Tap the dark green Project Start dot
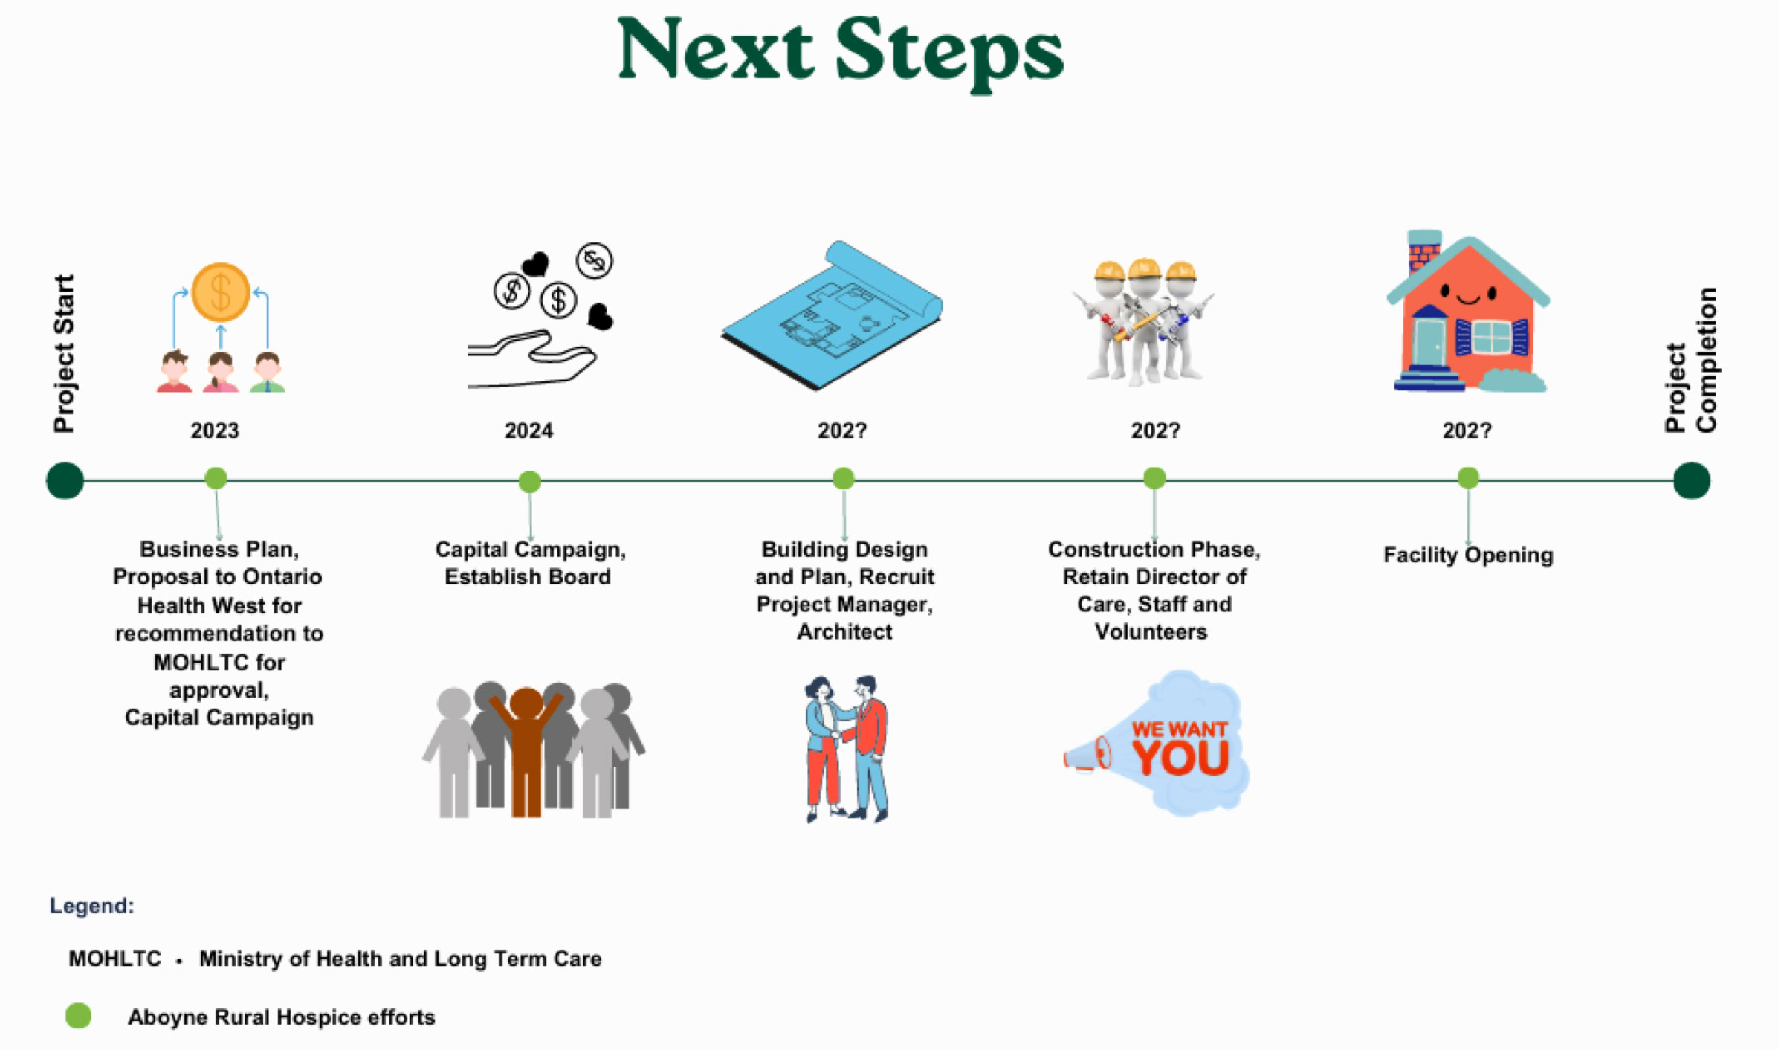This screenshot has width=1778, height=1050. click(x=65, y=480)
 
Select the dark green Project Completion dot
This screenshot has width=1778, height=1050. click(x=1691, y=480)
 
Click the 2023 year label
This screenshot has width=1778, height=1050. click(x=215, y=431)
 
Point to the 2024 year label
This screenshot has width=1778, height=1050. click(x=528, y=431)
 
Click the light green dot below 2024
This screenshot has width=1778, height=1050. click(x=529, y=482)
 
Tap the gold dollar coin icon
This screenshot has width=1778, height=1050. click(x=221, y=292)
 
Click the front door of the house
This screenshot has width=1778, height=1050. click(x=1429, y=342)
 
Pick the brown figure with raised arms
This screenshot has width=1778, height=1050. click(x=526, y=751)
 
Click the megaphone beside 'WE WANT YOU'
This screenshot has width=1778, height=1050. click(x=1087, y=755)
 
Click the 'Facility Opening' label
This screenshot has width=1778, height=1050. click(x=1467, y=555)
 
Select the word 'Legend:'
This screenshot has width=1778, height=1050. click(x=91, y=906)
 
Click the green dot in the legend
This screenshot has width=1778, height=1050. click(x=79, y=1016)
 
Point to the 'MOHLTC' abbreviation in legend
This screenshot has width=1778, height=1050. click(x=114, y=959)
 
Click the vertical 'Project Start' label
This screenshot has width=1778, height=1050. click(x=64, y=353)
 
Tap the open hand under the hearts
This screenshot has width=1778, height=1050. click(x=531, y=361)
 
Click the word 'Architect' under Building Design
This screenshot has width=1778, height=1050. click(x=844, y=632)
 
